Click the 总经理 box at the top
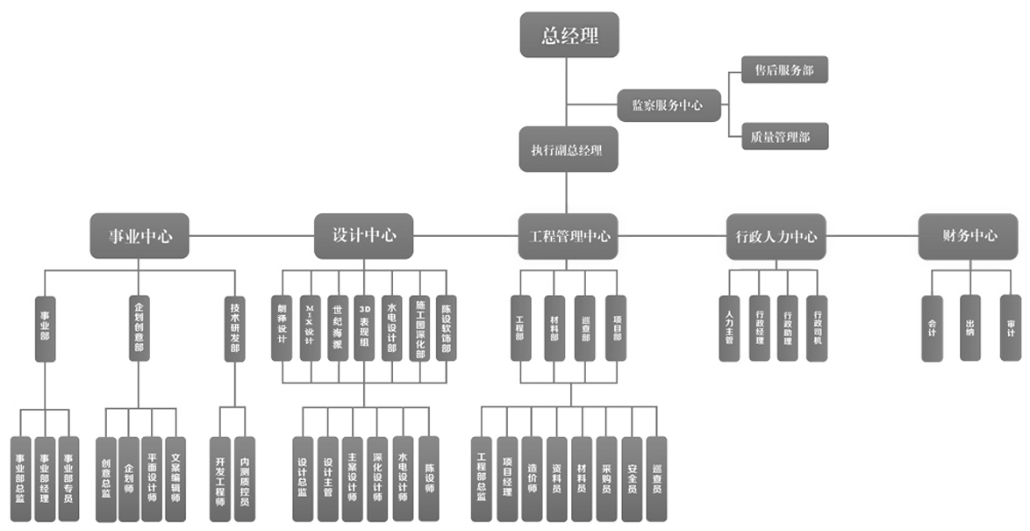(x=569, y=35)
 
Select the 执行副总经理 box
(x=566, y=149)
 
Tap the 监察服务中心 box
(x=669, y=105)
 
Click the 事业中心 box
(x=140, y=236)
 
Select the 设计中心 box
(x=364, y=235)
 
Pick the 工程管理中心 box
(x=569, y=236)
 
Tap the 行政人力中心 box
(x=776, y=236)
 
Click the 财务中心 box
(x=969, y=236)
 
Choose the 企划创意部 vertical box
(x=139, y=327)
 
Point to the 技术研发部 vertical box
(x=234, y=327)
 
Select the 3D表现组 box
(x=365, y=327)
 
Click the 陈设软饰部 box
(x=447, y=327)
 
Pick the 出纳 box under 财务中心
(x=969, y=327)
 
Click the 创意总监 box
(x=106, y=479)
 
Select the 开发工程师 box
(x=220, y=479)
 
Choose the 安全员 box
(x=632, y=479)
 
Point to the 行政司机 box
(x=817, y=327)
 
